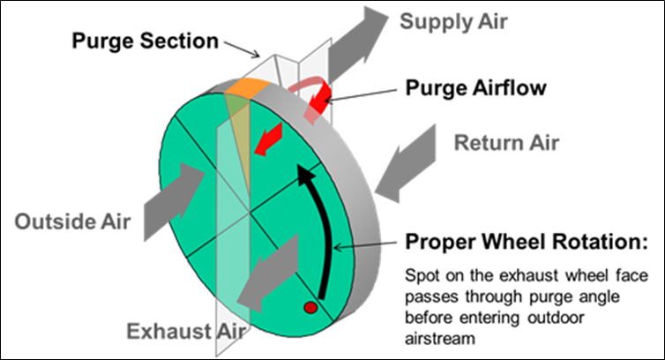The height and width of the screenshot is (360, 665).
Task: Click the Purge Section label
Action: [145, 41]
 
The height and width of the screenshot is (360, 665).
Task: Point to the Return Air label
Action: [508, 140]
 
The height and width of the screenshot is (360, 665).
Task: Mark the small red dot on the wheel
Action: [310, 308]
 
